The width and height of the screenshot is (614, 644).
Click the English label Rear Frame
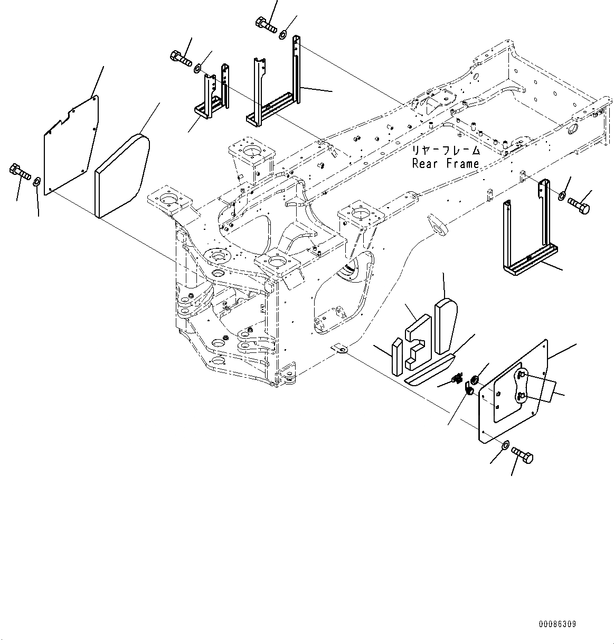[x=446, y=164]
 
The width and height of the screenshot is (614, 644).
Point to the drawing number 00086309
[x=557, y=624]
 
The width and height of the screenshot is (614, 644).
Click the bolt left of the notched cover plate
[x=18, y=172]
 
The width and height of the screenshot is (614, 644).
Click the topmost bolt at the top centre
[x=267, y=24]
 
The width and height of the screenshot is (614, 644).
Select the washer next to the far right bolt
[x=561, y=197]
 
